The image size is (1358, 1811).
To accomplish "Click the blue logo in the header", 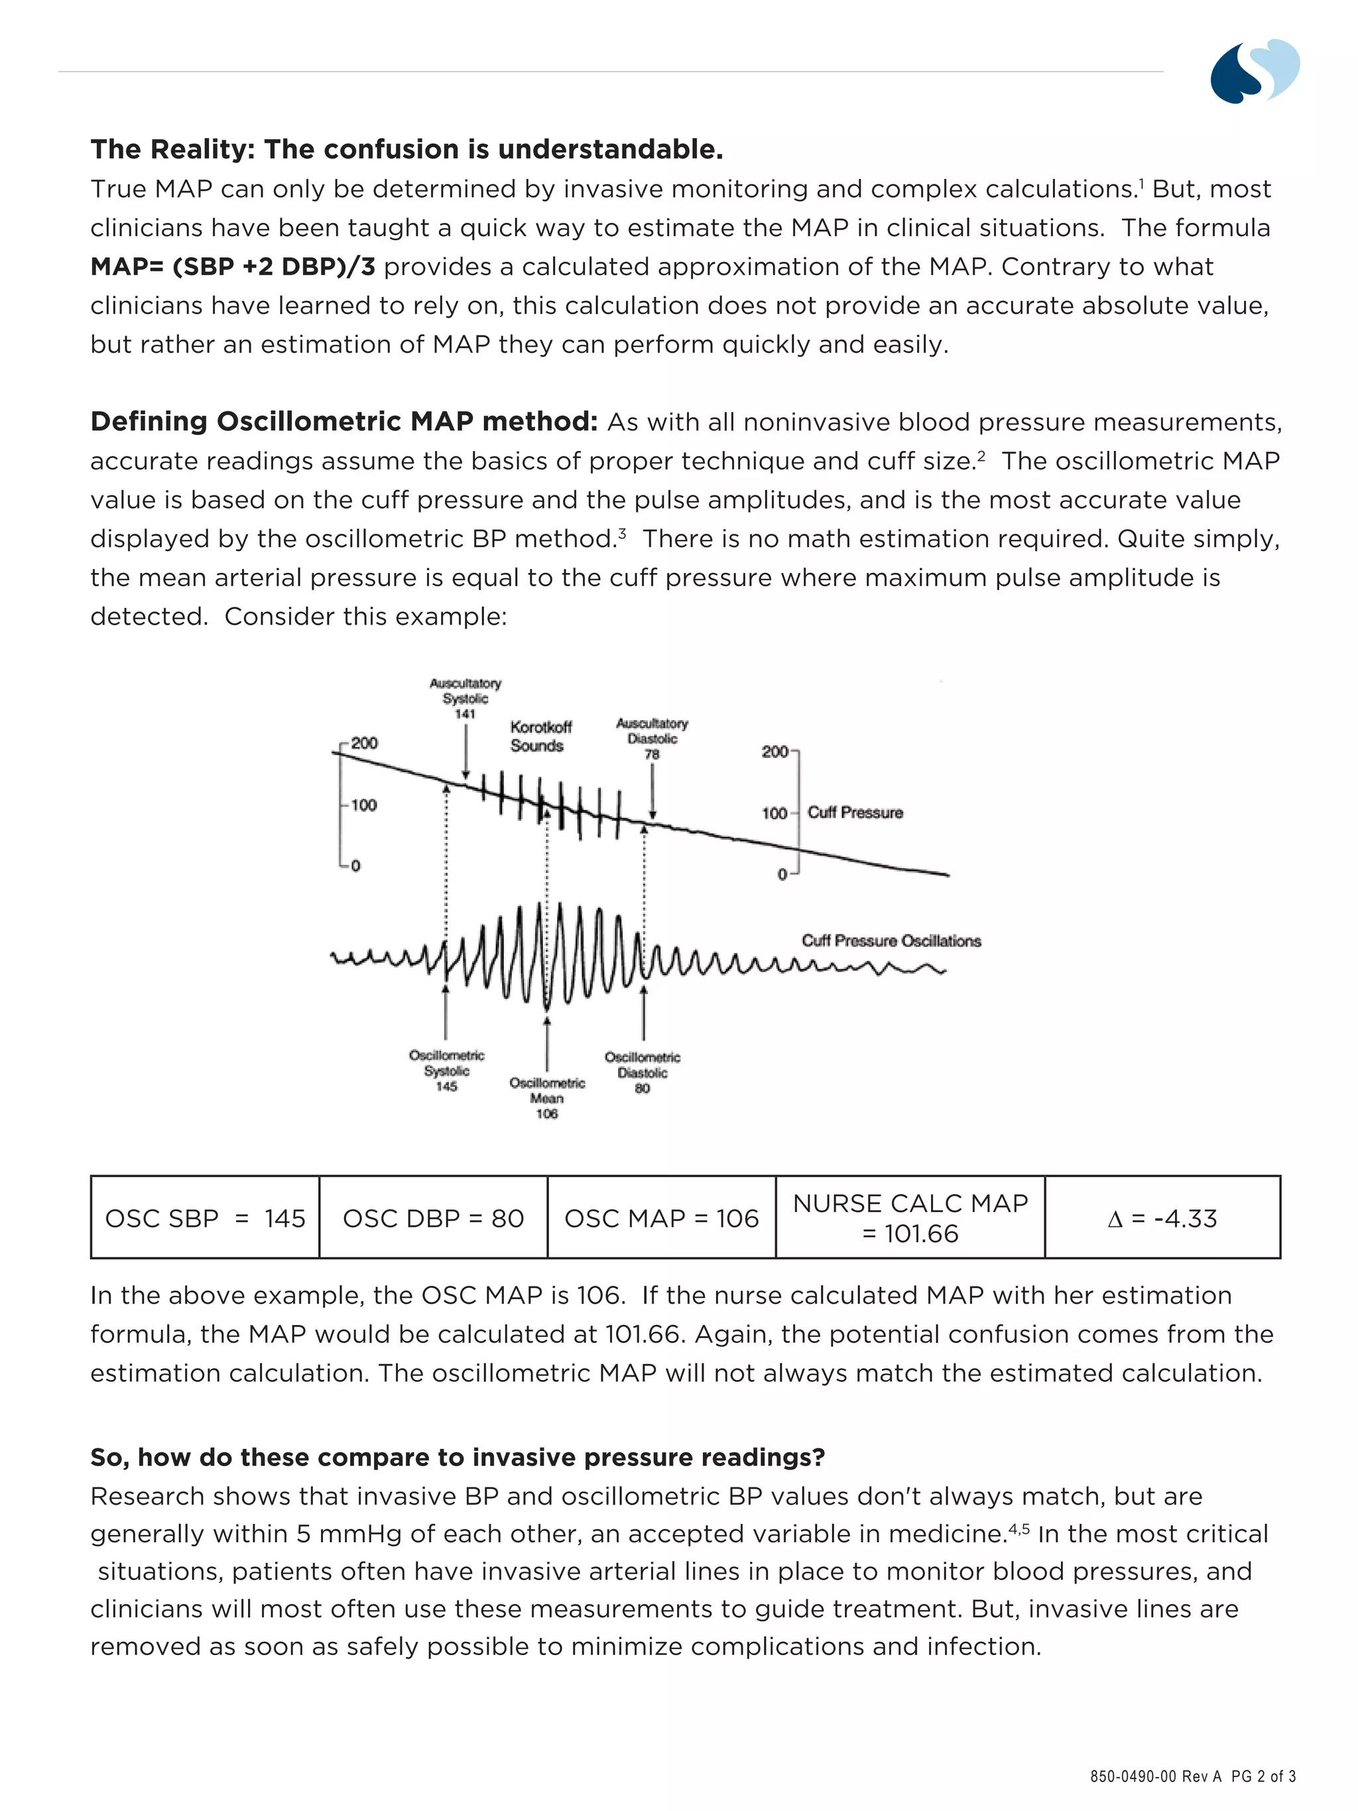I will [x=1254, y=70].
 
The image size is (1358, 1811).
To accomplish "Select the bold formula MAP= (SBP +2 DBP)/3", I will [x=233, y=266].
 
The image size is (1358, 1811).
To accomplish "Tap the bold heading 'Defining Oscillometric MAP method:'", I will [x=343, y=421].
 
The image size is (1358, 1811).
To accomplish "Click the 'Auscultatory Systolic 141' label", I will [x=465, y=698].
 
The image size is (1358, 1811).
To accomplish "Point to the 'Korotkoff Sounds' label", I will [x=540, y=736].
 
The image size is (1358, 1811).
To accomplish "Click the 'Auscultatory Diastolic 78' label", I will [x=652, y=739].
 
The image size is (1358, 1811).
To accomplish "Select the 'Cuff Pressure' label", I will [x=855, y=812].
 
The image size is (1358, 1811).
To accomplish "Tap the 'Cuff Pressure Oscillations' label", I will [x=891, y=941].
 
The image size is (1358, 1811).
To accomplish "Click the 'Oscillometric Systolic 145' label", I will [x=446, y=1071].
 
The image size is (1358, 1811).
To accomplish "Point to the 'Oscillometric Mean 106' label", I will [x=547, y=1098].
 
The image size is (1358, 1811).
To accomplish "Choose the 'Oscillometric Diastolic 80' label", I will [x=642, y=1072].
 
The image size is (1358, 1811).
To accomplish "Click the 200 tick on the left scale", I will [x=363, y=743].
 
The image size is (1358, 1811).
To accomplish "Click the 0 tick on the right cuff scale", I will [x=782, y=875].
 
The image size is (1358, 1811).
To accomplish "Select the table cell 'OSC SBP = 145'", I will [x=205, y=1218].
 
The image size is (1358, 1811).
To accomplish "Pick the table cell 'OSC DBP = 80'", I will [x=433, y=1218].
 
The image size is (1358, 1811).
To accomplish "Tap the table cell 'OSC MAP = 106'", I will [x=661, y=1218].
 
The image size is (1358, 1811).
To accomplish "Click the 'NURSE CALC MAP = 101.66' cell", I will [x=910, y=1218].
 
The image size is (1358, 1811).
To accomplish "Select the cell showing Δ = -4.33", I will [x=1162, y=1218].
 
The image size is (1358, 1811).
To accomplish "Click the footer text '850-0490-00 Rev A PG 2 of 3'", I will [x=1192, y=1776].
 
